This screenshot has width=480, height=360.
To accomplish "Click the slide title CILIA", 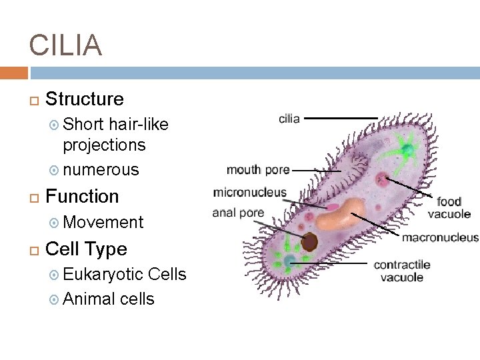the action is pos(65,45).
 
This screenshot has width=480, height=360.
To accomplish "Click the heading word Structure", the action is pos(84,99).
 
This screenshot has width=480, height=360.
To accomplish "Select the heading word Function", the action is pos(82,197).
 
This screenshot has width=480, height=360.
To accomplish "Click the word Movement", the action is pos(103,223).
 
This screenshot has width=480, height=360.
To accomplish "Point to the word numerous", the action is pos(101,170).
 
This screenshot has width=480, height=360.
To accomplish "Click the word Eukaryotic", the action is pos(103,275).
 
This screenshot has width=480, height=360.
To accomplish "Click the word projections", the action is pos(104,145).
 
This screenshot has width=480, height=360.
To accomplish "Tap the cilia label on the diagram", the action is pos(289,119).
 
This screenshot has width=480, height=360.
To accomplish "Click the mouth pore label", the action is pos(258,169).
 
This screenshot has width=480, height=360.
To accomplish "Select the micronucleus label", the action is pos(249,193).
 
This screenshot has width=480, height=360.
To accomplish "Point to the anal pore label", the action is pos(238,213).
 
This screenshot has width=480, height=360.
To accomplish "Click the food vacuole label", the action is pos(449,207).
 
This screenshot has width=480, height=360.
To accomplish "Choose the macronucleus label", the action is pos(440,237).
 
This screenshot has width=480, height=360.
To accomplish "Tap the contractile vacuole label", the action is pos(402,271).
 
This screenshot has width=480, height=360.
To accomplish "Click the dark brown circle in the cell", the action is pos(309,241).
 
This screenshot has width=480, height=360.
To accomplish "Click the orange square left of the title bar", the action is pos(13,73).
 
